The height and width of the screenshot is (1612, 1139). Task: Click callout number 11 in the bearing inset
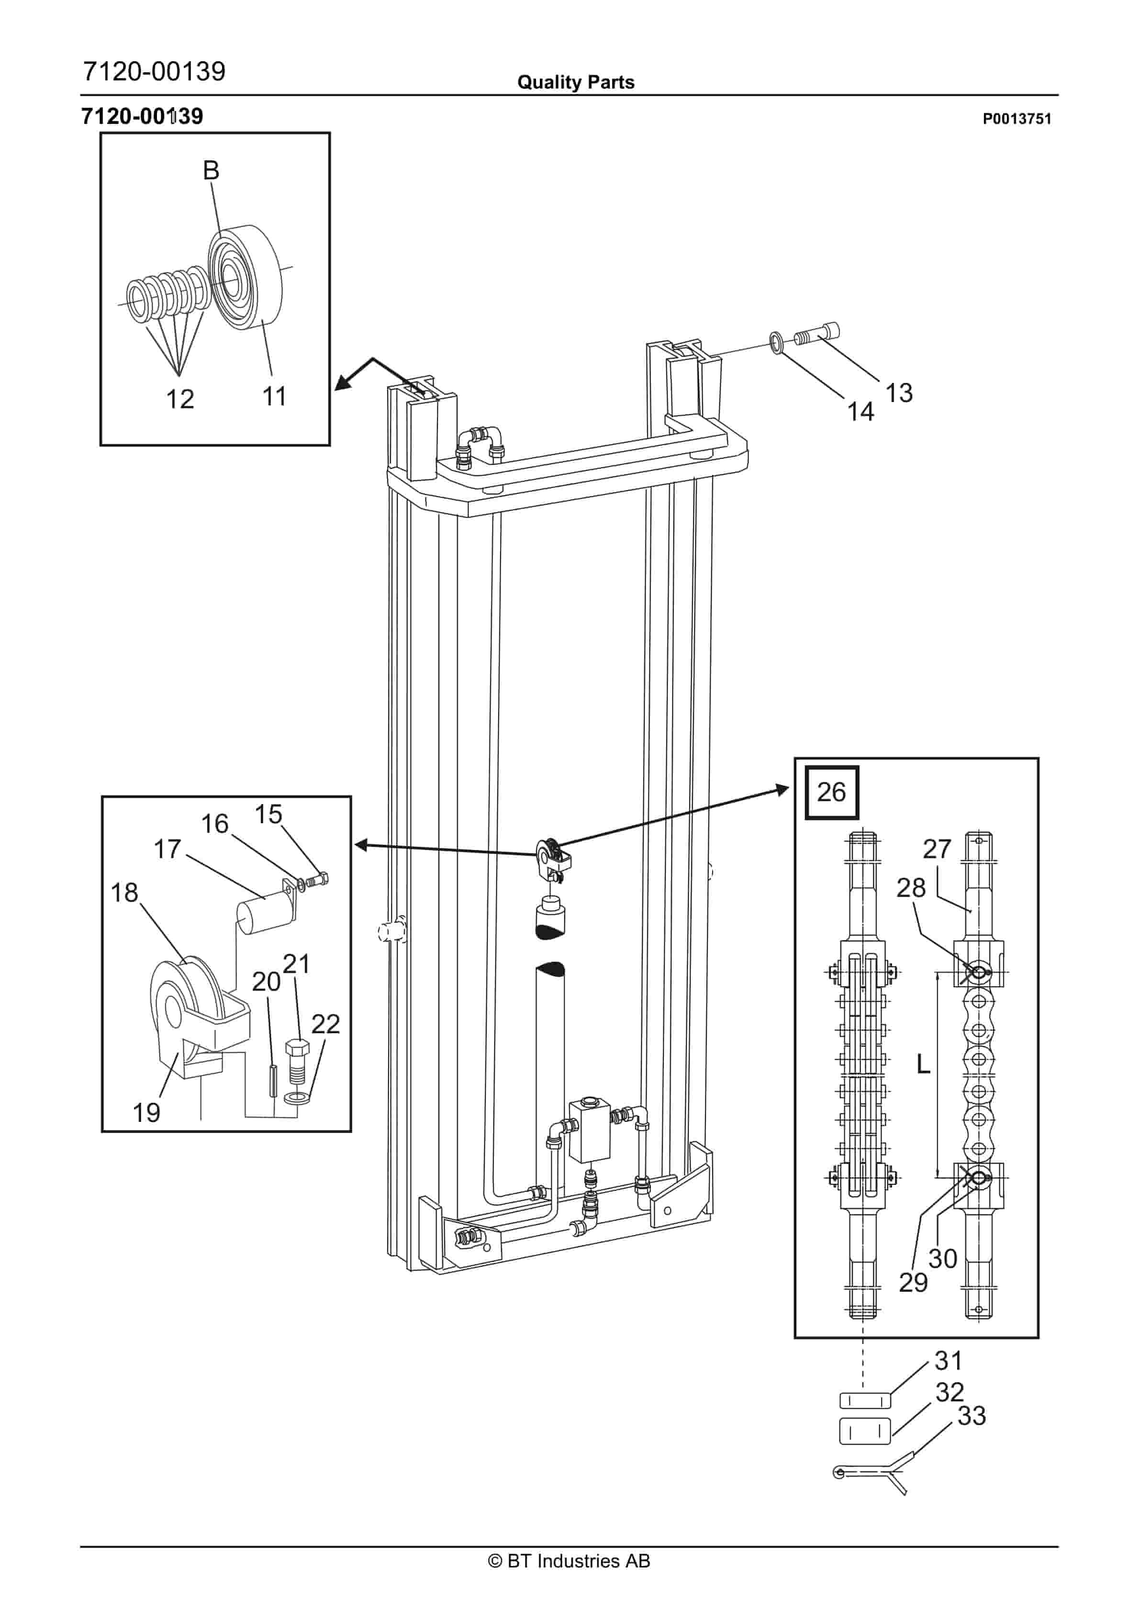(x=274, y=397)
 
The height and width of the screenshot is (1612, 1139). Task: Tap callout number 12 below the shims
(x=180, y=400)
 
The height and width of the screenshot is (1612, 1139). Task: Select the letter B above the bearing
(x=211, y=170)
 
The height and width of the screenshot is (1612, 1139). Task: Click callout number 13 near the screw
(x=899, y=393)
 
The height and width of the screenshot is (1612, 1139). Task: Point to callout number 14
(x=860, y=412)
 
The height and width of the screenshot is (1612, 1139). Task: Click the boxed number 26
(x=831, y=792)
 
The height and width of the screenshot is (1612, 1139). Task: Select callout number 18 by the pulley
(x=124, y=893)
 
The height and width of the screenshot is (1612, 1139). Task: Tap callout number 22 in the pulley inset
(x=325, y=1024)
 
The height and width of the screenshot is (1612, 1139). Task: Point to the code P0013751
(x=1016, y=119)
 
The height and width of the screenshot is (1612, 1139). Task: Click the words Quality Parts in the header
(x=575, y=82)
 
